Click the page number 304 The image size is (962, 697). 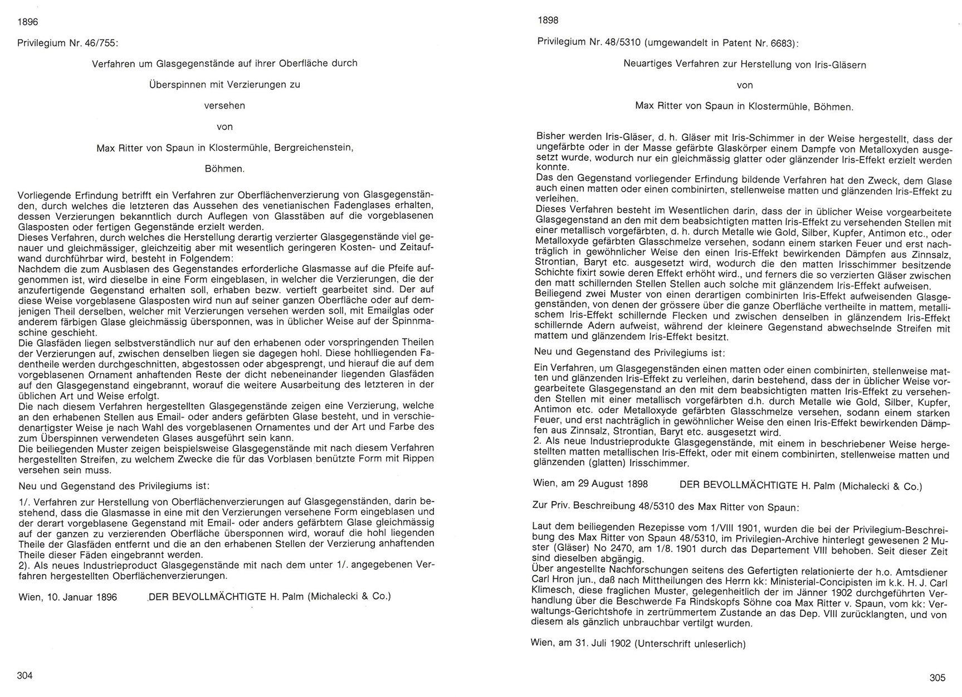click(x=25, y=675)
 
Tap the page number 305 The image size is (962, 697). click(x=937, y=678)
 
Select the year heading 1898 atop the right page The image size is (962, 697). click(x=548, y=21)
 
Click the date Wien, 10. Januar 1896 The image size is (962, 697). click(x=67, y=597)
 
